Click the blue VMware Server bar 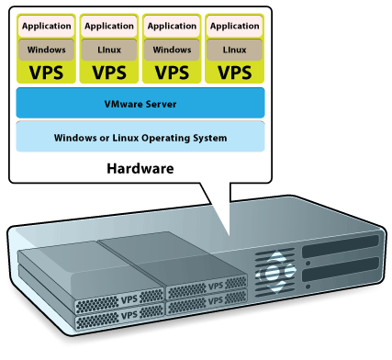[x=140, y=103]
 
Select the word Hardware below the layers [x=140, y=169]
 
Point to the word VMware [x=123, y=104]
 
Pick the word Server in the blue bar [x=161, y=104]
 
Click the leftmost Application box [x=46, y=26]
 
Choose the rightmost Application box [x=234, y=26]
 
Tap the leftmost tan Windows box [x=46, y=50]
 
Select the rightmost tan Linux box [x=234, y=50]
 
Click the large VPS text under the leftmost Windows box [x=46, y=73]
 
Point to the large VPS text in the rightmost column [x=235, y=73]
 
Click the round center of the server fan [x=273, y=272]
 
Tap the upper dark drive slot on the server [x=341, y=246]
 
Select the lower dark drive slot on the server [x=341, y=269]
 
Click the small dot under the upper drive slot [x=308, y=263]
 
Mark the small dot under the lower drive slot [x=308, y=287]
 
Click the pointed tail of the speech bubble [x=229, y=235]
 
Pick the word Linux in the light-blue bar [x=126, y=138]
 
